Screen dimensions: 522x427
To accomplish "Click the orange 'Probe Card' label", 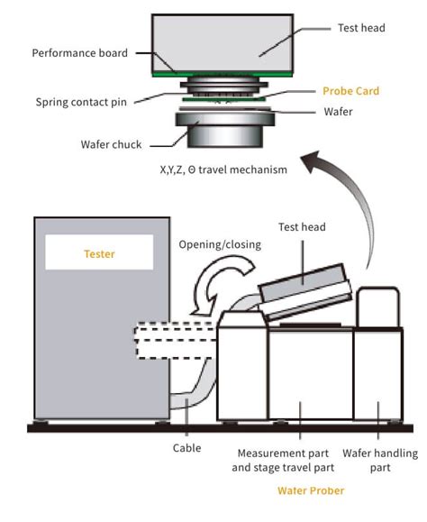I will pos(350,92).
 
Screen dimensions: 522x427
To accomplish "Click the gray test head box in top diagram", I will pos(220,41).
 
